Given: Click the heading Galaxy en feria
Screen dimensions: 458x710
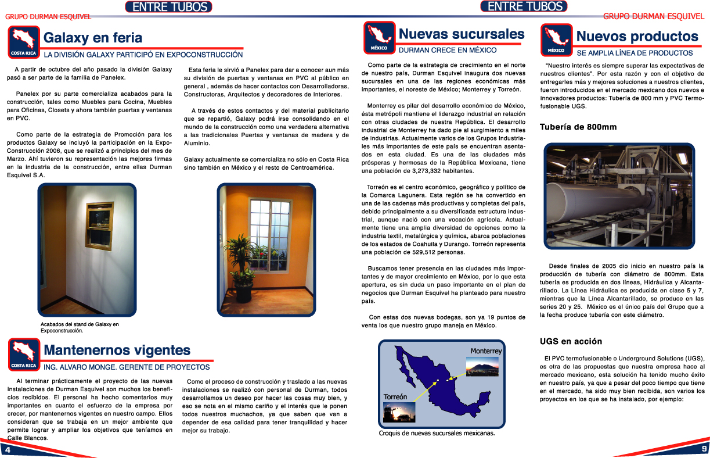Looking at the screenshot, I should point(93,38).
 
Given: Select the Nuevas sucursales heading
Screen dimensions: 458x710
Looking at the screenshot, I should point(462,34).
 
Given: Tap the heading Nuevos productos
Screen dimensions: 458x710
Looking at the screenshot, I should point(637,37).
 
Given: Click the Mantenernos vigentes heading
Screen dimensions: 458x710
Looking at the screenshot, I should point(117,350).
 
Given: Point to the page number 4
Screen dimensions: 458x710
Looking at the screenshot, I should point(8,450).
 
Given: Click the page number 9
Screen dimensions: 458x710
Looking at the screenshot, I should point(704,449).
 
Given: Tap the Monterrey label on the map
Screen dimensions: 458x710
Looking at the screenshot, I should point(485,351).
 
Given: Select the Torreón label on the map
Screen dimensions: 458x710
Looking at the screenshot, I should point(395,396).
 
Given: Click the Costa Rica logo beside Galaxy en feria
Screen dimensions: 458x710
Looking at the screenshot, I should point(24,42).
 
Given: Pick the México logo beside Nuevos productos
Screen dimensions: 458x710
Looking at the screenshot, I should point(556,39).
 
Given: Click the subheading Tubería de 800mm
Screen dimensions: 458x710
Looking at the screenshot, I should point(578,127).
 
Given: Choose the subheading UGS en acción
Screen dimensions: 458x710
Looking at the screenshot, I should point(571,341).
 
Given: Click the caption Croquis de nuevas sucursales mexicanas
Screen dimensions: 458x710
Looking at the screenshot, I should point(436,433).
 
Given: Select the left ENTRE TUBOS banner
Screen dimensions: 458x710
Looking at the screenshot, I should point(168,7).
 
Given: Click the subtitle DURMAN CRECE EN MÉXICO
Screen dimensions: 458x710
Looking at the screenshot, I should point(448,51).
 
